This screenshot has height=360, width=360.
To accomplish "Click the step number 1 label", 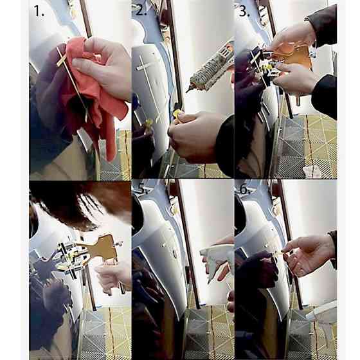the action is point(39,11).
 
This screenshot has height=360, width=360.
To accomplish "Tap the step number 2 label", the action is point(141,10).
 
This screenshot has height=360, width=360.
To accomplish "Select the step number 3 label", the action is point(244,11).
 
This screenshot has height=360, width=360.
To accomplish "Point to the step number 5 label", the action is point(141,189).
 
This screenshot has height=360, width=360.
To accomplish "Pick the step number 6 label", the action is point(245,189).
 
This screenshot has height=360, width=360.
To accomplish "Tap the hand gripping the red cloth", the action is point(104,64).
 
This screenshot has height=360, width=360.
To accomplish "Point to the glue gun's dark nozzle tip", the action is point(189,89).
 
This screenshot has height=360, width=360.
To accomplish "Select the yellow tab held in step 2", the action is point(177,114).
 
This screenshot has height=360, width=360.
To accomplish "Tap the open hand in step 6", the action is point(308,255).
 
